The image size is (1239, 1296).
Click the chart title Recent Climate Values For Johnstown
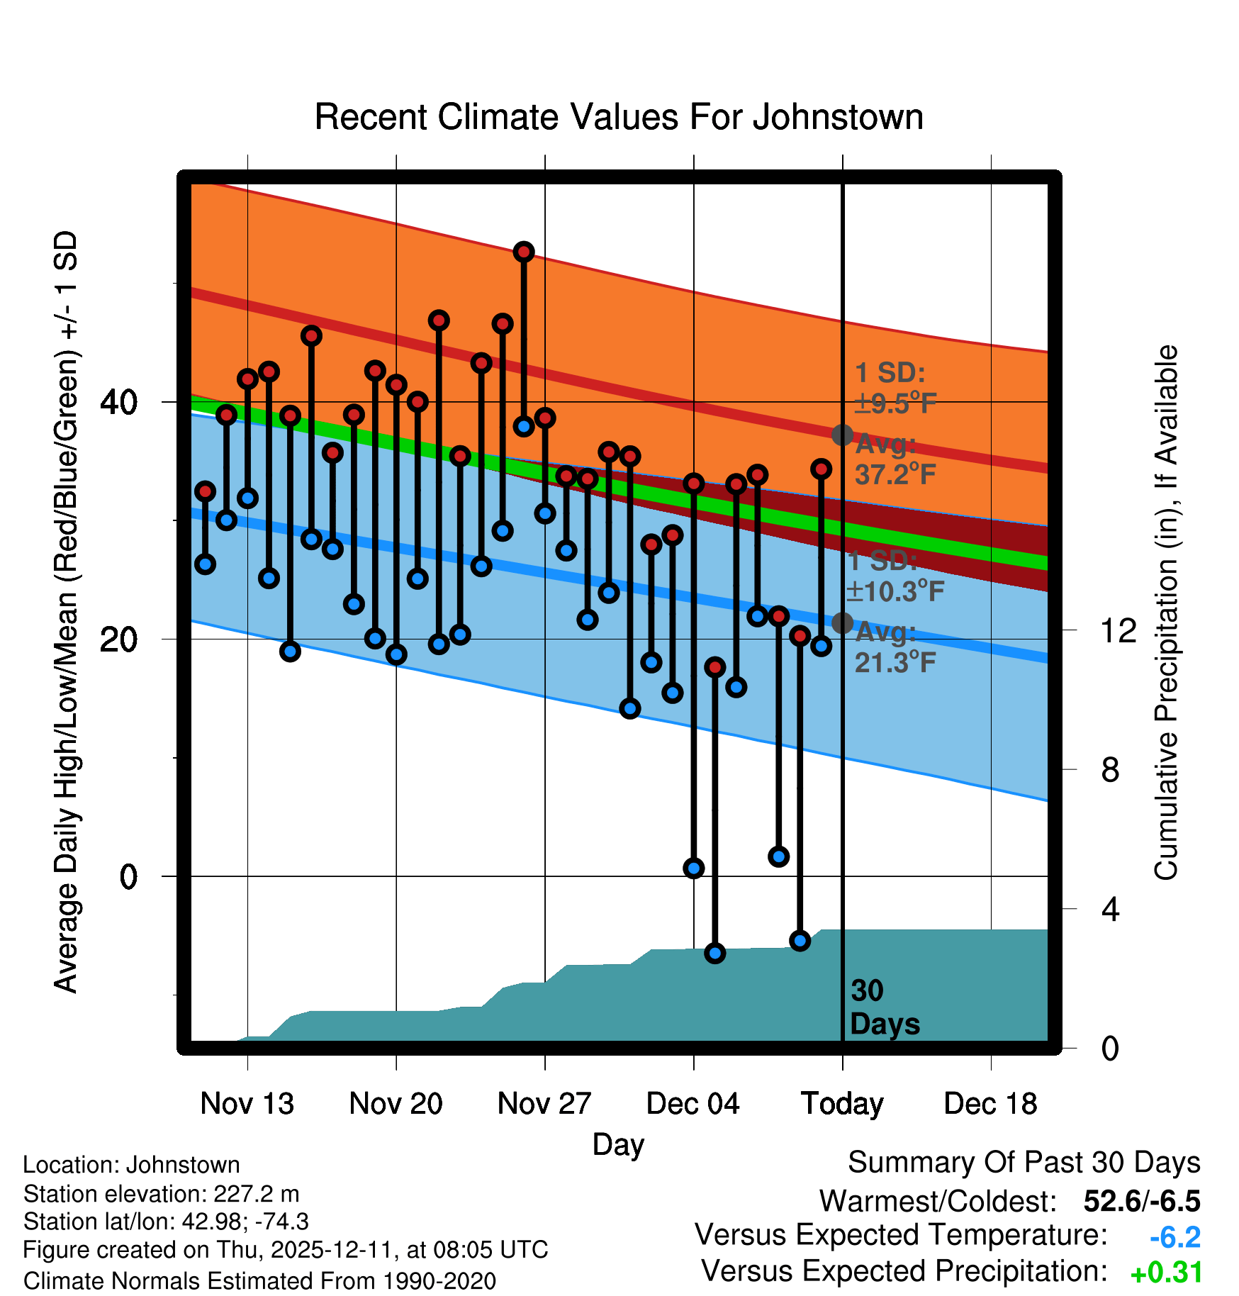pyautogui.click(x=619, y=117)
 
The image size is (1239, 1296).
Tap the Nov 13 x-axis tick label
pyautogui.click(x=247, y=1104)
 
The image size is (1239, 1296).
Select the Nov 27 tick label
pyautogui.click(x=544, y=1104)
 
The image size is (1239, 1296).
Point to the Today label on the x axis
pyautogui.click(x=842, y=1104)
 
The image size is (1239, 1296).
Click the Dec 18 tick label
pyautogui.click(x=990, y=1104)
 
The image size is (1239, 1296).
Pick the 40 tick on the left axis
pyautogui.click(x=118, y=403)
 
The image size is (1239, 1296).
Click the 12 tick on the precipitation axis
pyautogui.click(x=1118, y=630)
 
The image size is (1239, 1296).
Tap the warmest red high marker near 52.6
pyautogui.click(x=524, y=252)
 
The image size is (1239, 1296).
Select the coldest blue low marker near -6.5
pyautogui.click(x=715, y=953)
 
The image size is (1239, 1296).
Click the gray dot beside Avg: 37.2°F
pyautogui.click(x=842, y=435)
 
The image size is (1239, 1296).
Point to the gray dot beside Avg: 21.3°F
pyautogui.click(x=842, y=623)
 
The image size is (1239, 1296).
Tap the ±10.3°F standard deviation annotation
pyautogui.click(x=895, y=591)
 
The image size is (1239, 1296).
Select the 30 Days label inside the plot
pyautogui.click(x=884, y=1007)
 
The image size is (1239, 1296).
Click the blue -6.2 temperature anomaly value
pyautogui.click(x=1174, y=1237)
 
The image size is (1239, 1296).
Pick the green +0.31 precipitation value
pyautogui.click(x=1166, y=1273)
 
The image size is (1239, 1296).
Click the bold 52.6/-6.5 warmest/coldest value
pyautogui.click(x=1141, y=1201)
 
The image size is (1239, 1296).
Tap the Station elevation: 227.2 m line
pyautogui.click(x=162, y=1194)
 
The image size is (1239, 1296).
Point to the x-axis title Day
pyautogui.click(x=618, y=1144)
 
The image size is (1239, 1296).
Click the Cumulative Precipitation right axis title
pyautogui.click(x=1166, y=613)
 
